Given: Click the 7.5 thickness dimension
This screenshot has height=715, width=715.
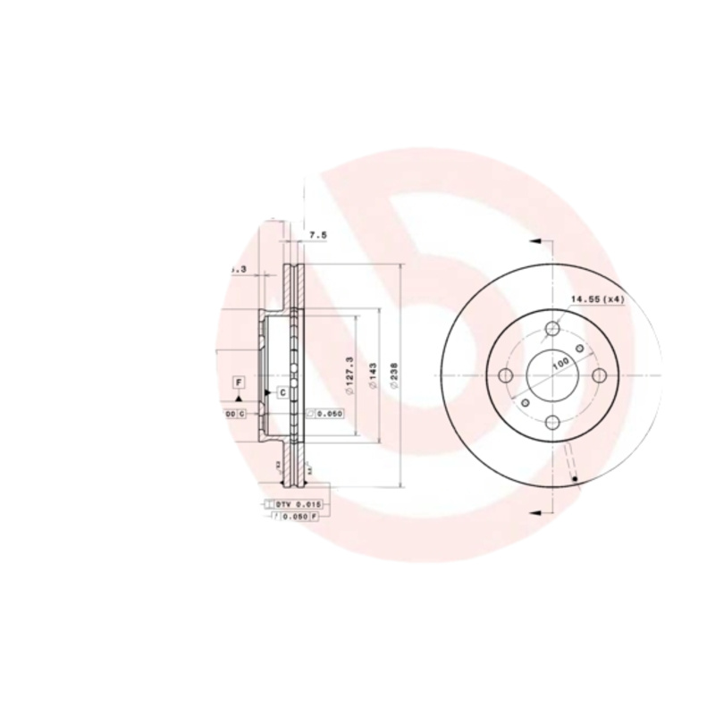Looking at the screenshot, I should (x=318, y=235).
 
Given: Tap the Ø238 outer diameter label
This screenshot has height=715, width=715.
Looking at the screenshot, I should (x=394, y=375).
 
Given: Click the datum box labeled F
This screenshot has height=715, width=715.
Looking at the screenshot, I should (x=239, y=383).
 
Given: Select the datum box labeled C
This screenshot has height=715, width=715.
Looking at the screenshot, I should (x=282, y=392).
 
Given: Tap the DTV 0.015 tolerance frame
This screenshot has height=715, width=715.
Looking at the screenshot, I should (x=299, y=505).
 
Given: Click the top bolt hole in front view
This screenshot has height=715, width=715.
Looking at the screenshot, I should (x=552, y=330).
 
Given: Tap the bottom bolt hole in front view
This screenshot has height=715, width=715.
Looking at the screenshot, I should (x=552, y=422).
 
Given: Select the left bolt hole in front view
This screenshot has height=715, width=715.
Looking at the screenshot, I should (x=506, y=375).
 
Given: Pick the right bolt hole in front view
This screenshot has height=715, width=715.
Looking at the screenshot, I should (x=598, y=375).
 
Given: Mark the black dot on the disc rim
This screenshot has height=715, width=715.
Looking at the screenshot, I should (x=573, y=483).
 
